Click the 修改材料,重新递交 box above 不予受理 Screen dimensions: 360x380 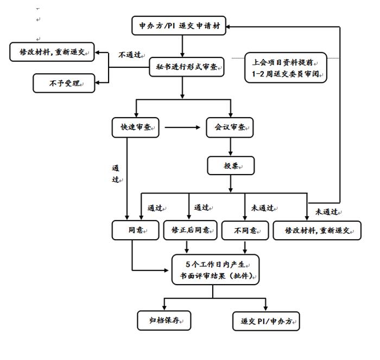(52, 53)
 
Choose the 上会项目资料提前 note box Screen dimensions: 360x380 (286, 67)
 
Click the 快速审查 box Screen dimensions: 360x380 (135, 128)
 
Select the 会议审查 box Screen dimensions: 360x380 (231, 128)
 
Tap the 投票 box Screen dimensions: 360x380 (231, 165)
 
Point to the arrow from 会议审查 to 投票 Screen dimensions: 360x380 (231, 147)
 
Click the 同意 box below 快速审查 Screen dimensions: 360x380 (136, 230)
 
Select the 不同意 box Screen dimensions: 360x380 (245, 230)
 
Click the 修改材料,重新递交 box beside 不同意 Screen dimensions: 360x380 (317, 230)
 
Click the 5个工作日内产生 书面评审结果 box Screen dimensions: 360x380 (216, 270)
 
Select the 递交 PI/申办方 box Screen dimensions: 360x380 (266, 320)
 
